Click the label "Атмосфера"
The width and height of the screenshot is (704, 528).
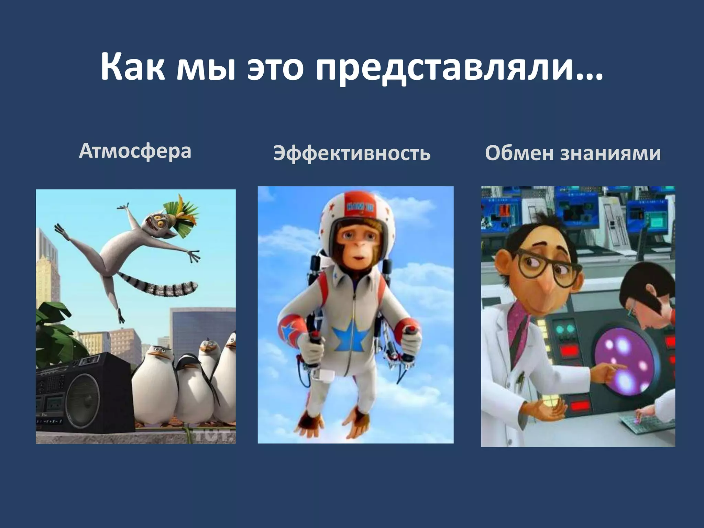tap(135, 151)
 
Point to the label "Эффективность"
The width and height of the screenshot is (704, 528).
tap(352, 153)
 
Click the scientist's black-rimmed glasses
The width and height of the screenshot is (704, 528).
tap(547, 272)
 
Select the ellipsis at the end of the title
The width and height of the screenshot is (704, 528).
tap(590, 76)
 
